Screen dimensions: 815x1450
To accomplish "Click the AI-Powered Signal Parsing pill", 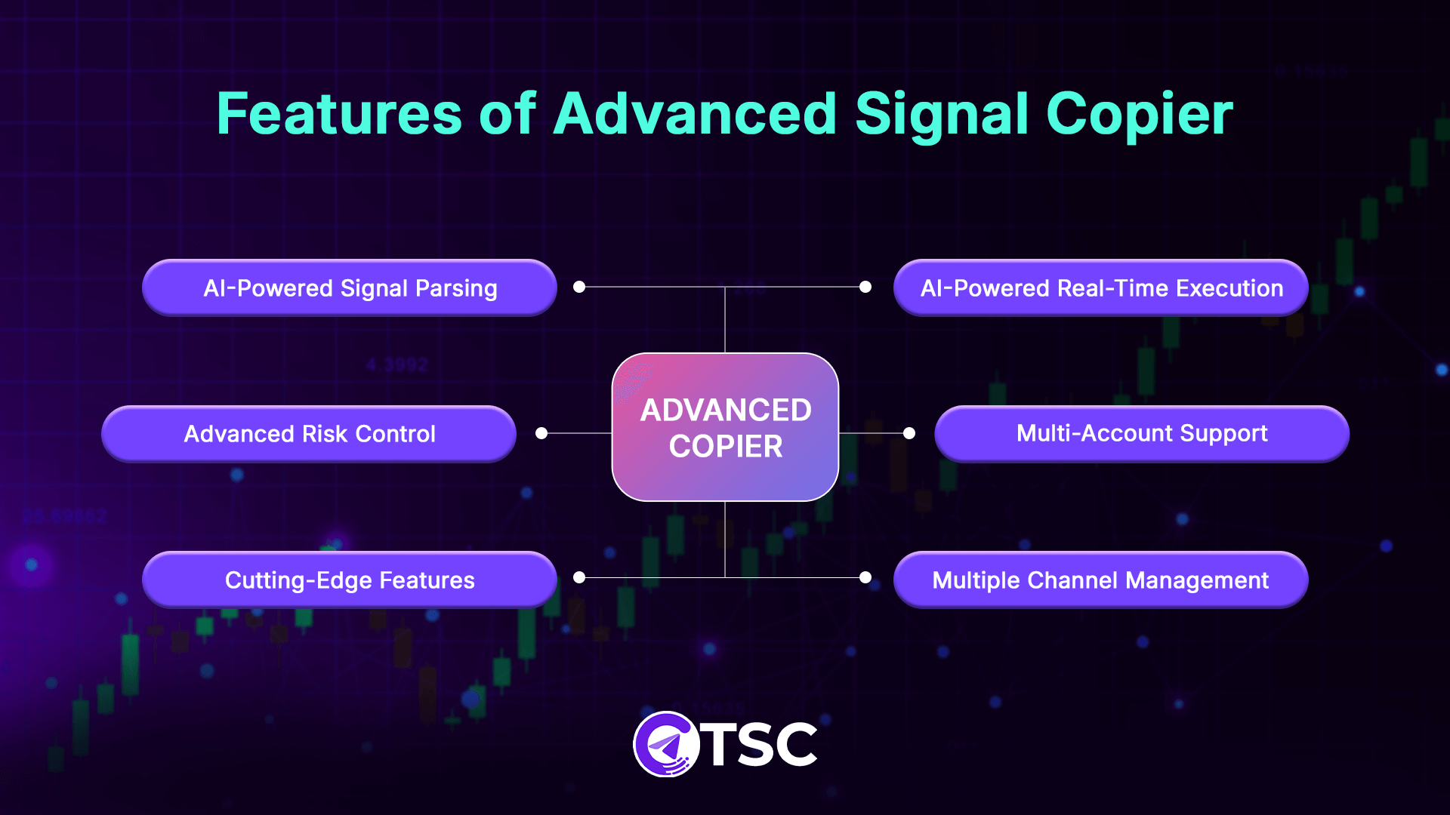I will tap(349, 288).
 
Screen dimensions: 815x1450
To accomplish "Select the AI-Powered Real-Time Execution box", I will tap(1100, 288).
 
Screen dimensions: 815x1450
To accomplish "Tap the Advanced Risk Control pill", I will tap(308, 434).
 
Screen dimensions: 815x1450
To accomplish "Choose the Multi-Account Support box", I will tap(1141, 434).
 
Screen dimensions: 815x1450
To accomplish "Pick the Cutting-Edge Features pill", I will tap(349, 580).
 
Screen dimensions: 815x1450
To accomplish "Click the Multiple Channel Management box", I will tap(1100, 580).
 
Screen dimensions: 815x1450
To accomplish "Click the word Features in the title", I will tap(338, 114).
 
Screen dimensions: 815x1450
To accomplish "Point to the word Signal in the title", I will tap(941, 114).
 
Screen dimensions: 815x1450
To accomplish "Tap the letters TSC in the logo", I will tap(761, 745).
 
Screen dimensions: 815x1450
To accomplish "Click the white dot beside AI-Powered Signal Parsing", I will tap(579, 287).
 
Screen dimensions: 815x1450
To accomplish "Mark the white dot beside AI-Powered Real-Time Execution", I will tap(865, 287).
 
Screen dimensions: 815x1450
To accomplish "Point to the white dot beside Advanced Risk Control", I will tap(541, 433).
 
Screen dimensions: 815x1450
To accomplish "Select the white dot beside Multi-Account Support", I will tap(909, 433).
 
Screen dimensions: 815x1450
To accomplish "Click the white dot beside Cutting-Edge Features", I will tap(579, 577).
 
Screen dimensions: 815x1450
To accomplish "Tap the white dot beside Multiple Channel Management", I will tap(865, 577).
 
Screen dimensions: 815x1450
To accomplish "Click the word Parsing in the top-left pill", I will tap(456, 288).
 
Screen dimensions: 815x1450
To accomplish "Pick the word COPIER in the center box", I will tap(726, 447).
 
